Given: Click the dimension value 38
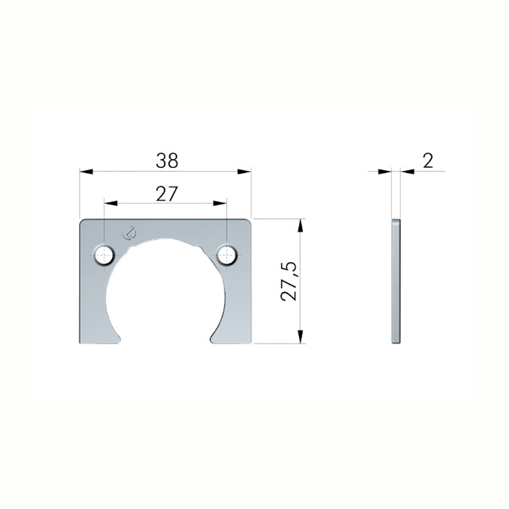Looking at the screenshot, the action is tap(167, 160).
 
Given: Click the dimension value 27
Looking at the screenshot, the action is tap(167, 194).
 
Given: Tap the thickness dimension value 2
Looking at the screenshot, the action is tap(428, 160).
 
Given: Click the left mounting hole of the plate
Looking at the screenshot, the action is tap(104, 255).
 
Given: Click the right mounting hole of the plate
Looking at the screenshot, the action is tap(227, 255).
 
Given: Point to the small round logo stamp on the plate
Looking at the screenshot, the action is tap(129, 232).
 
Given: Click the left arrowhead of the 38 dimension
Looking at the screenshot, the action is tap(87, 171).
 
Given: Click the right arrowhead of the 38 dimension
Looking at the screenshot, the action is tap(244, 171).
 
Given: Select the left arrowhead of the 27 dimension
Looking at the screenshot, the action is tap(111, 204).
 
